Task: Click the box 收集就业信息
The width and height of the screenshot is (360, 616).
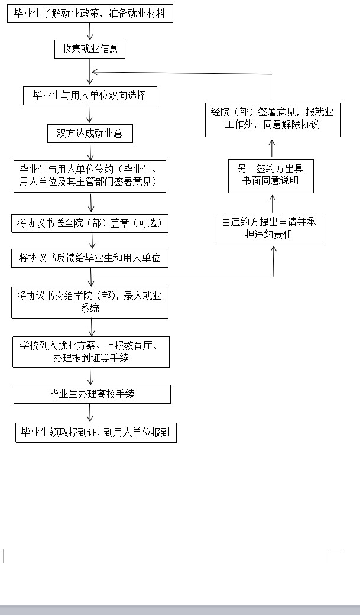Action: click(90, 49)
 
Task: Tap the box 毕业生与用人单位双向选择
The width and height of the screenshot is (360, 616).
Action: click(90, 96)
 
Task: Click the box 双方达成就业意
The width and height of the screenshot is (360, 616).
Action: click(90, 134)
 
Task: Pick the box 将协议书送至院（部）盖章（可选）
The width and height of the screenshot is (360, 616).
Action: click(90, 223)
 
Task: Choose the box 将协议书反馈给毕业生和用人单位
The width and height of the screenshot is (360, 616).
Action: click(90, 258)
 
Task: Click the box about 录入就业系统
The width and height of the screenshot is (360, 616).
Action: click(90, 302)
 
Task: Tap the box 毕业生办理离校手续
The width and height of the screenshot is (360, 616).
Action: click(92, 394)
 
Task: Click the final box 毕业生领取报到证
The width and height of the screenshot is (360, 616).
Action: click(96, 433)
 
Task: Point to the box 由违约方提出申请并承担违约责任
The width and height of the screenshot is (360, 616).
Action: click(269, 229)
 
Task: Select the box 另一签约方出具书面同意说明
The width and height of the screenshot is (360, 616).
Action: click(271, 176)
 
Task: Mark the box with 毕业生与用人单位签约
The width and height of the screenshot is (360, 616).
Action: click(90, 176)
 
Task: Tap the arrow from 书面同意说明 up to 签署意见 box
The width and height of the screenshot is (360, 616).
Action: click(273, 148)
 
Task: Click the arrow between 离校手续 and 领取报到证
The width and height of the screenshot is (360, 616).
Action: click(90, 413)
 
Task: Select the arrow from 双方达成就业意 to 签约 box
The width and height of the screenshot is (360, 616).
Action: click(90, 151)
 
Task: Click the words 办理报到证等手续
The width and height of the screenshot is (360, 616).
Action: click(91, 358)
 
